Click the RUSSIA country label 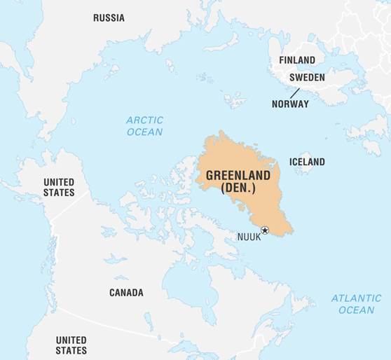(x=109, y=18)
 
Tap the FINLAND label (x=296, y=60)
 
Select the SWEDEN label (x=307, y=77)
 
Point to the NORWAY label (x=290, y=104)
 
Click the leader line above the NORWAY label (x=295, y=92)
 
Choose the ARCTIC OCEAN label (x=144, y=126)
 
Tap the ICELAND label (x=307, y=162)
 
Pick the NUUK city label (x=249, y=237)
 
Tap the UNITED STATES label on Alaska (x=59, y=187)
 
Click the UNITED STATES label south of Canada (x=71, y=345)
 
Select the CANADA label (x=126, y=292)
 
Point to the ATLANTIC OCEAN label (x=356, y=304)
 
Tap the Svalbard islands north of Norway (x=234, y=98)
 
